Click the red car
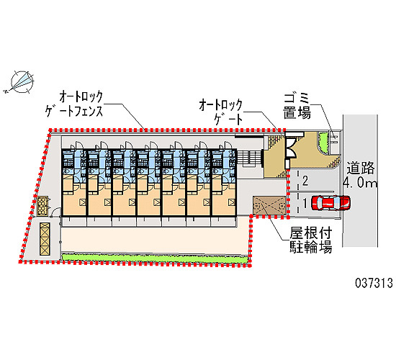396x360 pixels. pos(331,202)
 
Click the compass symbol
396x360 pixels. pos(22,81)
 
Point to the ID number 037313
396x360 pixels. pos(374,283)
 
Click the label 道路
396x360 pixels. pos(361,168)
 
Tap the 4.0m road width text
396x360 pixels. pos(361,182)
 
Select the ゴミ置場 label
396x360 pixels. pos(297,106)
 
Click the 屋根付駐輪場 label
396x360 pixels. pos(310,240)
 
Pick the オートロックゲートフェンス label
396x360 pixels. pos(74,104)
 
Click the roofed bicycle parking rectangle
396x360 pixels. pos(269,205)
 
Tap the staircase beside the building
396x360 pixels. pos(249,158)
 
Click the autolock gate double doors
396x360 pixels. pos(291,148)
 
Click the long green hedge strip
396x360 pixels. pos(155,258)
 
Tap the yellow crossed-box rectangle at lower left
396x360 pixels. pos(45,239)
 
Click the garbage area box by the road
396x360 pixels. pos(335,142)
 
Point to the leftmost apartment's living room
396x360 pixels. pos(74,199)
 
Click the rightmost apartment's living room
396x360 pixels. pos(224,199)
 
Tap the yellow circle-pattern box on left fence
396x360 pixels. pos(42,206)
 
